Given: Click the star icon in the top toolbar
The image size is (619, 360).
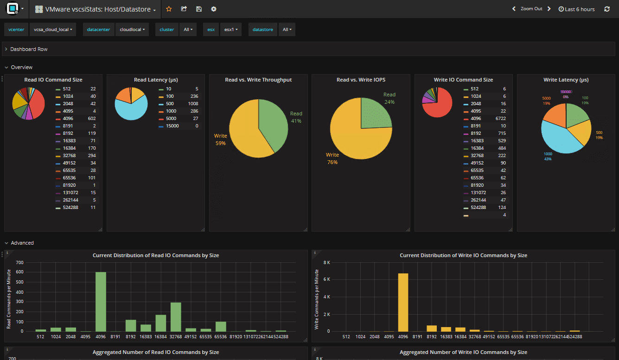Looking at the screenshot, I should (169, 9).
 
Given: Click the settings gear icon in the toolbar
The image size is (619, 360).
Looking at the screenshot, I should (213, 9).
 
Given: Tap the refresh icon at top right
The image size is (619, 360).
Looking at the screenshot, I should (607, 9).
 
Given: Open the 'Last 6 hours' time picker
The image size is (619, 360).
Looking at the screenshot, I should (576, 9).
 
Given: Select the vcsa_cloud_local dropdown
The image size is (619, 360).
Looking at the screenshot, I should (52, 30).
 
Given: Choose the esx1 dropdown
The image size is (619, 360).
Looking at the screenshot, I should (230, 30).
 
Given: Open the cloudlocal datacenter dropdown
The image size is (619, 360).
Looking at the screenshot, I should (132, 30).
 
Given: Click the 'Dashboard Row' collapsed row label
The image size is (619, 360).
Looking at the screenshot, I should (29, 49).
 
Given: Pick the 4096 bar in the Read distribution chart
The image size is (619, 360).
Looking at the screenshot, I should (101, 301).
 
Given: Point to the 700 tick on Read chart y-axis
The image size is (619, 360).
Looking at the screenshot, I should (19, 263).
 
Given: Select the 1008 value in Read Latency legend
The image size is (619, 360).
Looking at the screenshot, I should (193, 104).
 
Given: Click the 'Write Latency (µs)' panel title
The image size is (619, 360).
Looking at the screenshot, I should (566, 80).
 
